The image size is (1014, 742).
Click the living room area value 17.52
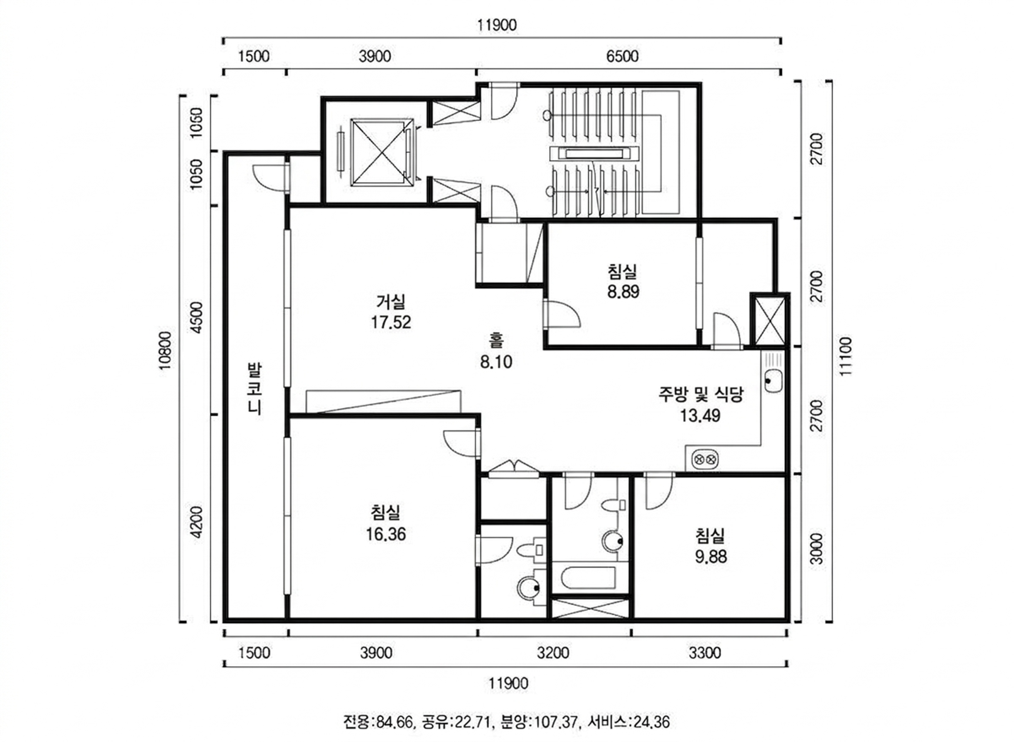(391, 323)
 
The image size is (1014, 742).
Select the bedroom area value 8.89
(623, 292)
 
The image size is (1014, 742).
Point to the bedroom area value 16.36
(386, 535)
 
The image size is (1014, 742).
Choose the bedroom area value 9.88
(711, 557)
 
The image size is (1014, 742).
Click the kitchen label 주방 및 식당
(700, 394)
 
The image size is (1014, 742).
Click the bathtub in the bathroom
(589, 578)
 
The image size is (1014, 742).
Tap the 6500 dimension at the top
(622, 56)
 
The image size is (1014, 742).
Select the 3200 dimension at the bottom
(553, 653)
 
